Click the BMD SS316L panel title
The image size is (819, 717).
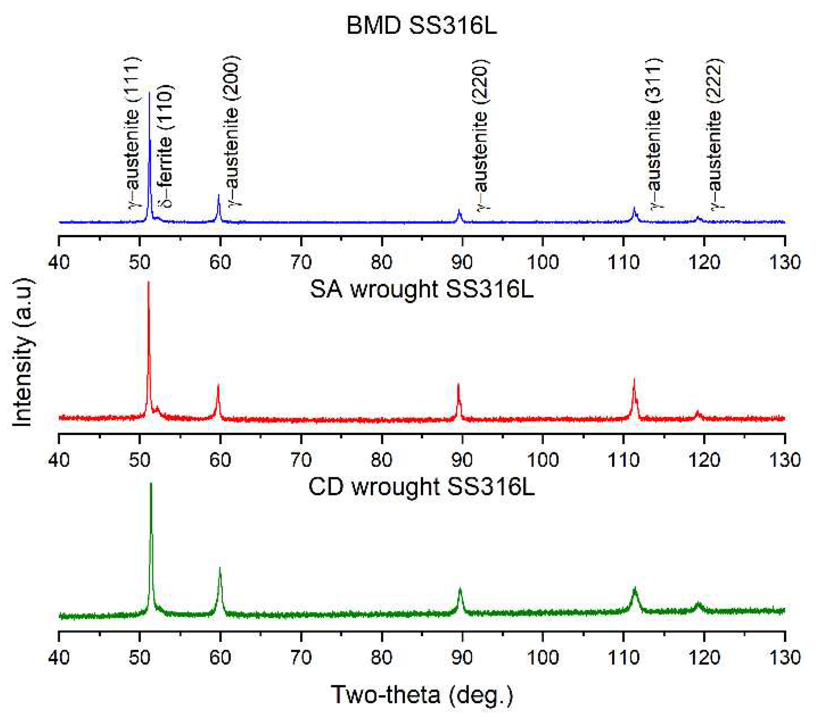click(x=421, y=26)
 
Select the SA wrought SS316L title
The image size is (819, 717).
click(x=421, y=289)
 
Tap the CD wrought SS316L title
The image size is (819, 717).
click(x=421, y=486)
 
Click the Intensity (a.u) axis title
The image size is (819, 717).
click(x=23, y=352)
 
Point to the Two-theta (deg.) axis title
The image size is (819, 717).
click(x=421, y=694)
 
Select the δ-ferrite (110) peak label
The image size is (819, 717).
click(x=165, y=146)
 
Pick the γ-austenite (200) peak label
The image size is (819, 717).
click(x=233, y=131)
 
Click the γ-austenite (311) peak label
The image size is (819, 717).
click(x=654, y=133)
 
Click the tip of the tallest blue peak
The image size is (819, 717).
click(x=149, y=93)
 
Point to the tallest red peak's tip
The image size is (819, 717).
click(x=148, y=283)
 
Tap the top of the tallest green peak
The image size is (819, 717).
click(x=151, y=484)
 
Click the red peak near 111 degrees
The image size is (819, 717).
click(x=634, y=379)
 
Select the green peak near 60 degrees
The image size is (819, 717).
click(x=220, y=568)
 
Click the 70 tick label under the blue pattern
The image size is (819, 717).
click(x=301, y=262)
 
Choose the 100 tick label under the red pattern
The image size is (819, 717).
click(x=543, y=460)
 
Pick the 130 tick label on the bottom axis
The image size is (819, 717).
click(x=784, y=657)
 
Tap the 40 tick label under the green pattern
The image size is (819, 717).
click(x=59, y=657)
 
